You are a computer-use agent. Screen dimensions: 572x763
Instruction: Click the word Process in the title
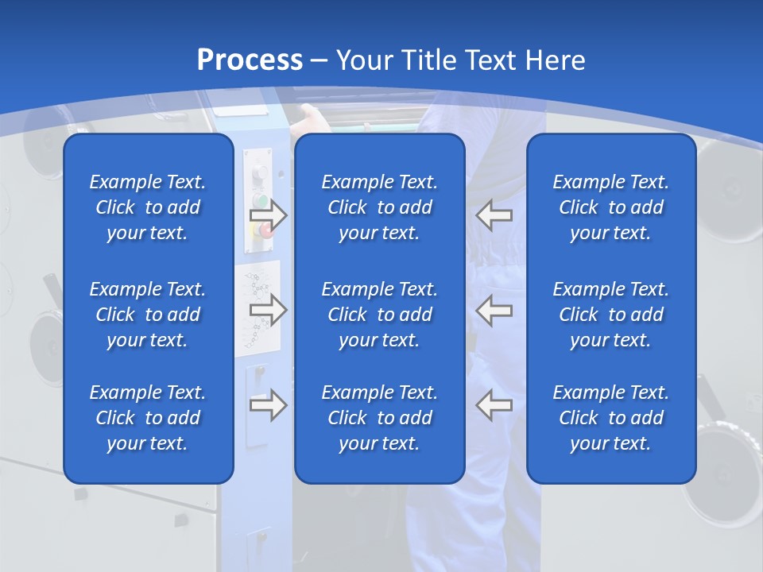(250, 60)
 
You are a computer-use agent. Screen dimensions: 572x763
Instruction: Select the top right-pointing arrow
(268, 214)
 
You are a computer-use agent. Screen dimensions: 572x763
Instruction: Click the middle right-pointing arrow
(268, 309)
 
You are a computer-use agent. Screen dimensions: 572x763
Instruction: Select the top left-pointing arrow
(494, 214)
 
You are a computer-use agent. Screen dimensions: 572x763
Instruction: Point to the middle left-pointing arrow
(494, 309)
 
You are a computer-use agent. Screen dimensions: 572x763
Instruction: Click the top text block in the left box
(148, 207)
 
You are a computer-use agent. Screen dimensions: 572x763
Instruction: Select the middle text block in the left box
(148, 315)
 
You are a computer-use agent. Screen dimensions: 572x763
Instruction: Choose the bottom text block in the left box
(148, 418)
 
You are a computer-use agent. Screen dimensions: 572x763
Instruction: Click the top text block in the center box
(379, 207)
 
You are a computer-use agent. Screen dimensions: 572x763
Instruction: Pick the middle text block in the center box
(379, 315)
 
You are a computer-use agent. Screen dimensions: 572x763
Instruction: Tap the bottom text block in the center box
(379, 418)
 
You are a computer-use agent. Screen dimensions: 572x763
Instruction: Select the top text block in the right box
(610, 207)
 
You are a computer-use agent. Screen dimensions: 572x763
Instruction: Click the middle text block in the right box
(610, 315)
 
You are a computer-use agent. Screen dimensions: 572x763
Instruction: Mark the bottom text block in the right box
(610, 418)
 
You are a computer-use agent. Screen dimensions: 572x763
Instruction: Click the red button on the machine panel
(265, 230)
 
